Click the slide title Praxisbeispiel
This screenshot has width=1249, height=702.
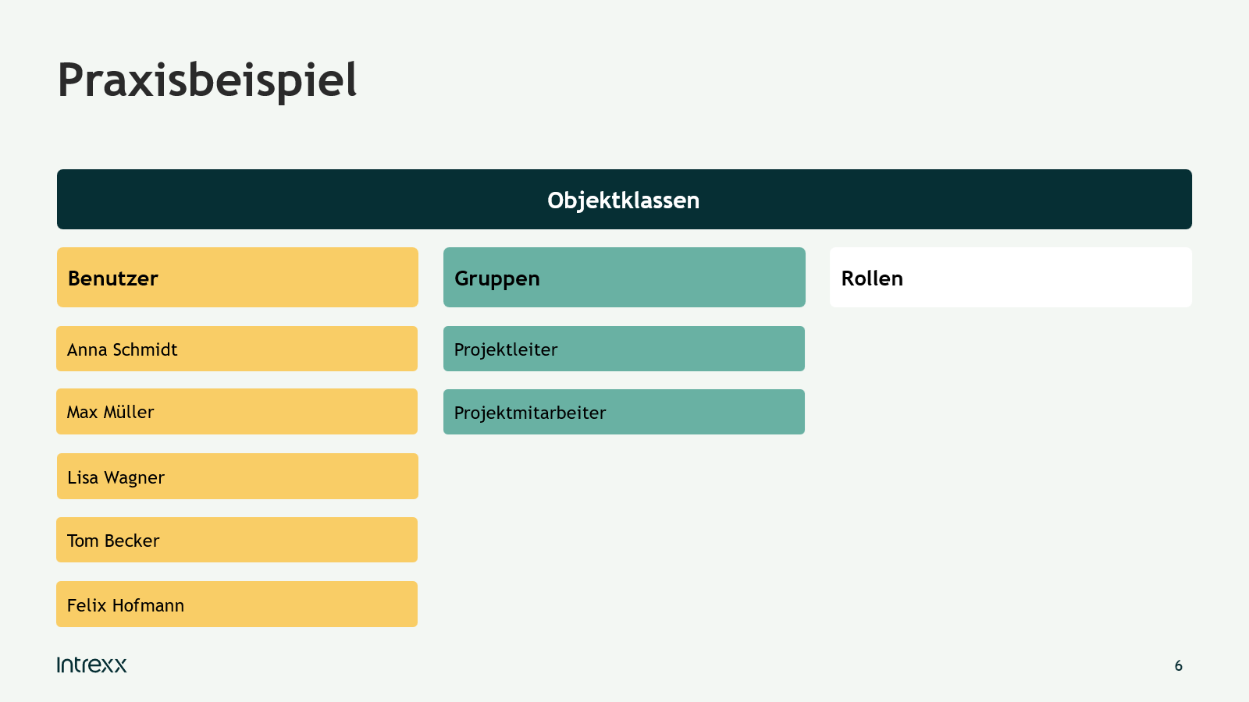(207, 81)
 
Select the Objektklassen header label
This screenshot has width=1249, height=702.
(624, 200)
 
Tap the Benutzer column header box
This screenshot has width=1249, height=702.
(237, 278)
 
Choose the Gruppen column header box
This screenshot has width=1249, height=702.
(624, 278)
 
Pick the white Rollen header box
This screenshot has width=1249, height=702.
(1011, 278)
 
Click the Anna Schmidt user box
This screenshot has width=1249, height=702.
(237, 349)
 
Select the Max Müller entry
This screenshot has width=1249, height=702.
(237, 412)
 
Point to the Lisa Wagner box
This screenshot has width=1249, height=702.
(237, 477)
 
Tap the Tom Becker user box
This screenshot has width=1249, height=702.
(237, 540)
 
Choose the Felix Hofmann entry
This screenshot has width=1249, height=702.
(237, 604)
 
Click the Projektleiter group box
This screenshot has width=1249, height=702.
(624, 349)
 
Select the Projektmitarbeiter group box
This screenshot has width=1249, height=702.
(624, 413)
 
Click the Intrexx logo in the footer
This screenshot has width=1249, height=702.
(91, 665)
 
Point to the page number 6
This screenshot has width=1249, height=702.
(1178, 666)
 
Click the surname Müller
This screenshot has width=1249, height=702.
(129, 412)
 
